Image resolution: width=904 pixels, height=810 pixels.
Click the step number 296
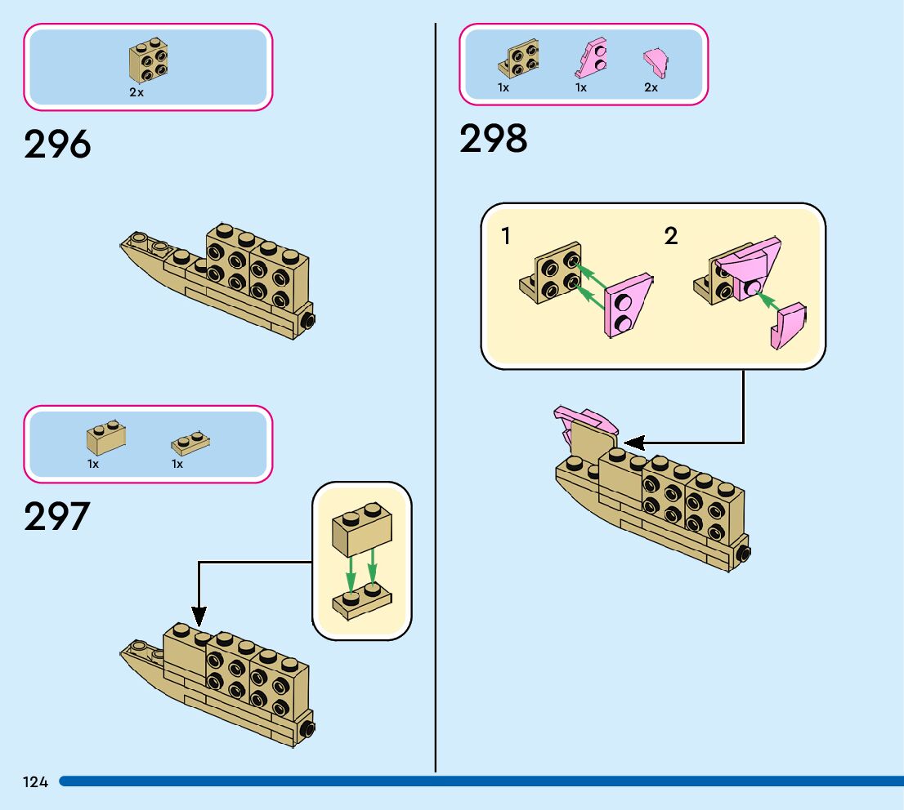57,145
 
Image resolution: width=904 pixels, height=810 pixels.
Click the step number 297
56,517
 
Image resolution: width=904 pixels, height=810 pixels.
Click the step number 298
493,139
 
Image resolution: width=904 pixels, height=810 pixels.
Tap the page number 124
35,782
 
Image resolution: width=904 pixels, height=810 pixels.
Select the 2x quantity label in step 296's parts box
136,93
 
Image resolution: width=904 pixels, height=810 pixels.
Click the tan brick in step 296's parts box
147,61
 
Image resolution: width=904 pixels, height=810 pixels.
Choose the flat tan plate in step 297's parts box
190,443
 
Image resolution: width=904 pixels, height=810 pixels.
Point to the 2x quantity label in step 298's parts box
651,87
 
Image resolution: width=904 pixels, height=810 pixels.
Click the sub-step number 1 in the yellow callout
506,237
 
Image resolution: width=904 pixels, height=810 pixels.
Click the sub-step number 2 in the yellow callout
671,237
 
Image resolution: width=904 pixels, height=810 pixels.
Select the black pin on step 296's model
309,320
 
